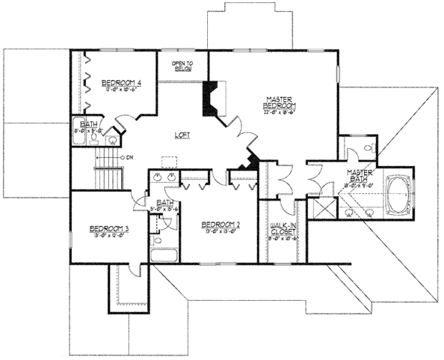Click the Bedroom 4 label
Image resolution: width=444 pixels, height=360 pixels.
point(122,81)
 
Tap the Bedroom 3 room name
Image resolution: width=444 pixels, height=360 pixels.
point(110,227)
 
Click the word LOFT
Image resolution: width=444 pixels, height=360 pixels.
point(181,135)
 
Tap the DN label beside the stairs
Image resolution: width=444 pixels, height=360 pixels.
point(129,157)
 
